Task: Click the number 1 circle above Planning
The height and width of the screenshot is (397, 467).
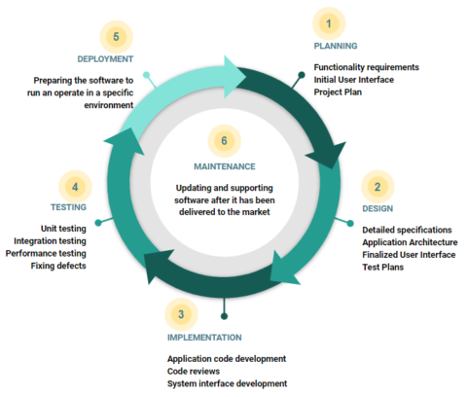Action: tap(329, 23)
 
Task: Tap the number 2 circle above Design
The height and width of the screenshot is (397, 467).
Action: tap(377, 187)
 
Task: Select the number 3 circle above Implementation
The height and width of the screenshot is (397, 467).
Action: tap(181, 314)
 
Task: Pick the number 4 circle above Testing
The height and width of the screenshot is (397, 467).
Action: tap(75, 187)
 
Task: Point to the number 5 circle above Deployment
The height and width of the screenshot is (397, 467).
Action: tap(116, 37)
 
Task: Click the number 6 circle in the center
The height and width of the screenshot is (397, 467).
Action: tap(224, 141)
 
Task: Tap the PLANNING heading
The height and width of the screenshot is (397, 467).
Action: tap(336, 46)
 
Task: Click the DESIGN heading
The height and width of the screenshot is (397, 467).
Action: tap(377, 208)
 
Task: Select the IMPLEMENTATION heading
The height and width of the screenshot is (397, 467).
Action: tap(204, 338)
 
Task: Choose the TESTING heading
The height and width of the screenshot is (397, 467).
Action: tap(68, 207)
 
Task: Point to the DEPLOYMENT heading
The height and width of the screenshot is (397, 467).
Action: tap(105, 59)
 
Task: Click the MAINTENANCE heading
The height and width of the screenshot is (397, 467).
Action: tap(225, 166)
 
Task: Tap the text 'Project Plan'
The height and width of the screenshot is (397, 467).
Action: tap(338, 92)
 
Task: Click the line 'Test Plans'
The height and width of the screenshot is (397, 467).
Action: tap(382, 268)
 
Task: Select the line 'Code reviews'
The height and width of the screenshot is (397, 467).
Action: tap(194, 371)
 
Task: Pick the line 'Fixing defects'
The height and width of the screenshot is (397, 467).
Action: tap(58, 266)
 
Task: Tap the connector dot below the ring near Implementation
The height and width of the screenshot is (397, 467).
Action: tap(224, 316)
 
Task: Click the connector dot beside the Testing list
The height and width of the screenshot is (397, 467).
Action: tap(98, 223)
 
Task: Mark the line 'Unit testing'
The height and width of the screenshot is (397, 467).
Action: tap(63, 229)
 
